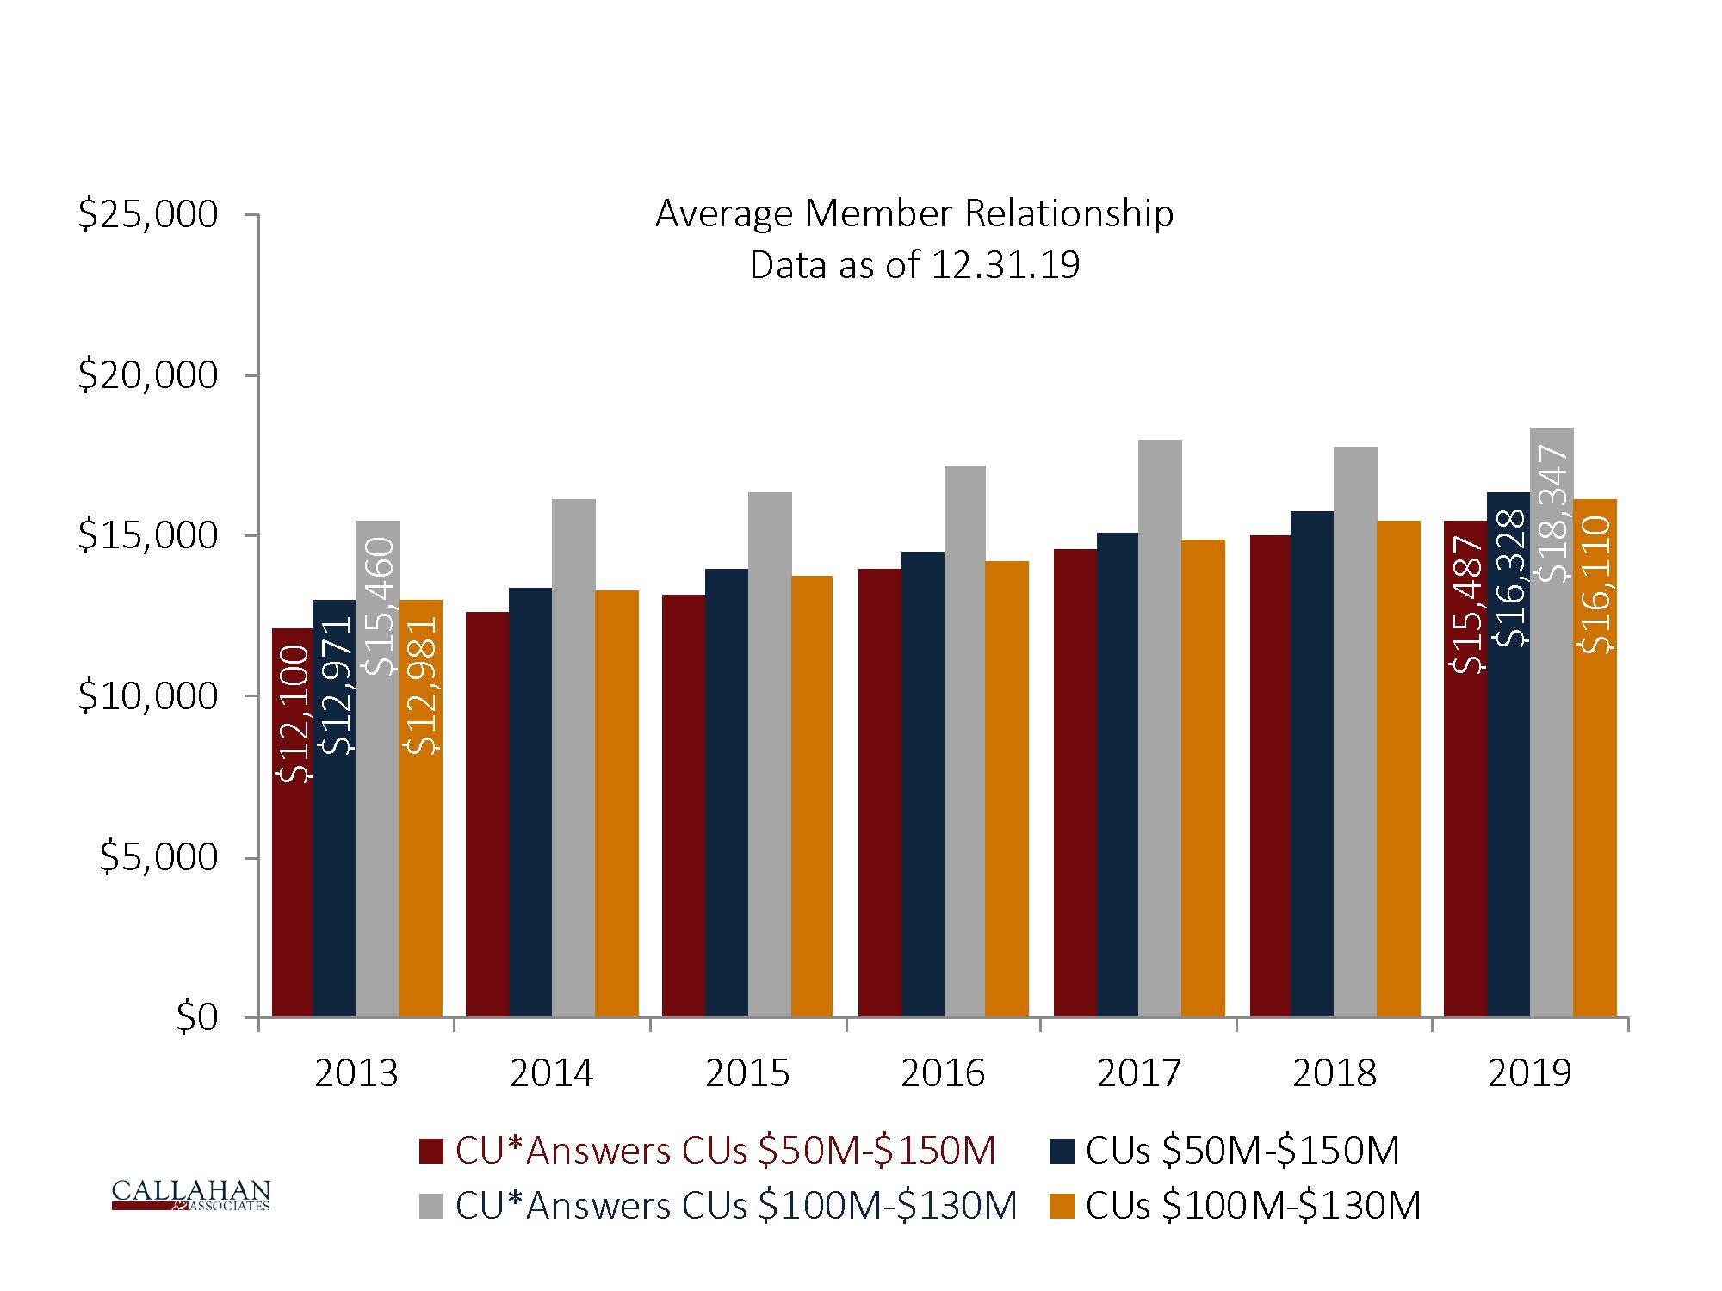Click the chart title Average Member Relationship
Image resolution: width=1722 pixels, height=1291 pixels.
click(x=914, y=213)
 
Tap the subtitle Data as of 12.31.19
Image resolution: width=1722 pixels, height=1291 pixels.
click(x=914, y=265)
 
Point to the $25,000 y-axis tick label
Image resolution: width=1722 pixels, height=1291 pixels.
click(x=148, y=213)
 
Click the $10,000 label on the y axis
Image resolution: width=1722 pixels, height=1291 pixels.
click(x=148, y=696)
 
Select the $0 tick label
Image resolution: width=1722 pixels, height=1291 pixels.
click(x=197, y=1017)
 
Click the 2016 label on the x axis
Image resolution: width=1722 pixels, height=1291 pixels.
click(x=943, y=1073)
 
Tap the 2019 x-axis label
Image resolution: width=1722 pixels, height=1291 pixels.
click(x=1530, y=1073)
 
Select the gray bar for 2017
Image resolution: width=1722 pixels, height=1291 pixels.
click(x=1160, y=732)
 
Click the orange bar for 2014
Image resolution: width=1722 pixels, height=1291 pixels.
click(x=616, y=805)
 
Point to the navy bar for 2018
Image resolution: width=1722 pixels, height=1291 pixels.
click(x=1312, y=766)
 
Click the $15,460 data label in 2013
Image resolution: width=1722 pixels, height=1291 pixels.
click(x=378, y=607)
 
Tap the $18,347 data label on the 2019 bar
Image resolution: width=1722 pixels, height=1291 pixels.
click(x=1552, y=514)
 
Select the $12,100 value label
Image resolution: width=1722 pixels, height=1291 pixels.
click(x=294, y=713)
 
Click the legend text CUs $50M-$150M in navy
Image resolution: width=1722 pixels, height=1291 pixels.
click(x=1242, y=1151)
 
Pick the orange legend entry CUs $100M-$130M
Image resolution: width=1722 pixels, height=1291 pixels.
click(x=1253, y=1206)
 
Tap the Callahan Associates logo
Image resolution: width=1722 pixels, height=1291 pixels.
click(x=190, y=1195)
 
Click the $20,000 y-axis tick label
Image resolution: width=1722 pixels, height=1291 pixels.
click(x=148, y=375)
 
